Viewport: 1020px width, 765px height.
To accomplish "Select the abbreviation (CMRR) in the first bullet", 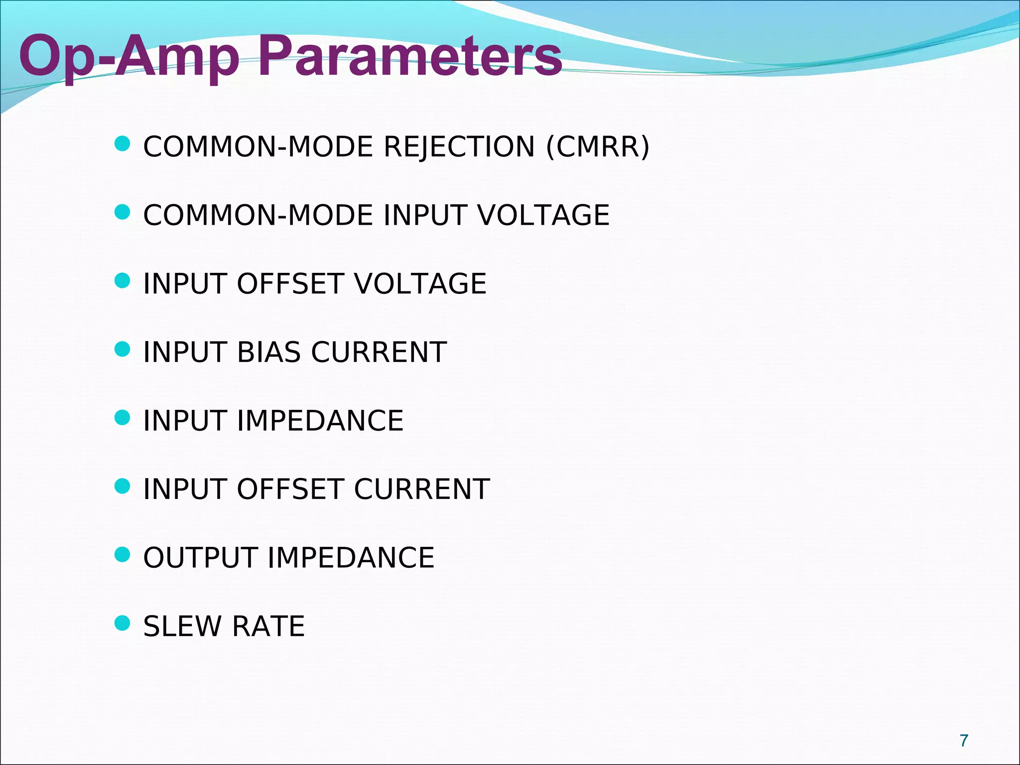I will [x=598, y=147].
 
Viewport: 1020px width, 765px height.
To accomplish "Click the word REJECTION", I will [x=459, y=147].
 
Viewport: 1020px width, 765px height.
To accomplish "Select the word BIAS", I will [x=269, y=352].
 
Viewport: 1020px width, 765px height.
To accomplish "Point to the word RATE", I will [x=268, y=626].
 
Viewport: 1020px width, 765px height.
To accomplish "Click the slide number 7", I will [x=964, y=741].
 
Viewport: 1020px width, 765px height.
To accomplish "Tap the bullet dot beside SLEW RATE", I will [x=122, y=623].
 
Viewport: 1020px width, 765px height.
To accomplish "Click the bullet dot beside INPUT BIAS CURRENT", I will [x=122, y=349].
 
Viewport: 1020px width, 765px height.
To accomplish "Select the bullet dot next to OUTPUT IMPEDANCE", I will [x=122, y=554].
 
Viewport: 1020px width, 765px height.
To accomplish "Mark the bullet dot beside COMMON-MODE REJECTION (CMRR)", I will [x=122, y=144].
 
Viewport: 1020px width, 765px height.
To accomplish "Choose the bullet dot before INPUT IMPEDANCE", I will [x=122, y=417].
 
